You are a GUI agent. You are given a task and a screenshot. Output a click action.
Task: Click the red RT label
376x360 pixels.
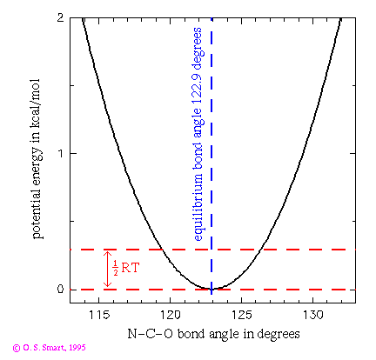pyautogui.click(x=131, y=270)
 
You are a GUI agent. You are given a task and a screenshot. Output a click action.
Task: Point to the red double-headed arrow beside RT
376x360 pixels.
pyautogui.click(x=107, y=270)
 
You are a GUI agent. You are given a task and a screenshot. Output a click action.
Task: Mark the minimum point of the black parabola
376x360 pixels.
pyautogui.click(x=211, y=288)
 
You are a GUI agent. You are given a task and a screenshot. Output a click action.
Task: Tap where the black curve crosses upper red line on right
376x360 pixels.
pyautogui.click(x=260, y=250)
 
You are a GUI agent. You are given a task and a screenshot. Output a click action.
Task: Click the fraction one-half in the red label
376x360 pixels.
pyautogui.click(x=116, y=270)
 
